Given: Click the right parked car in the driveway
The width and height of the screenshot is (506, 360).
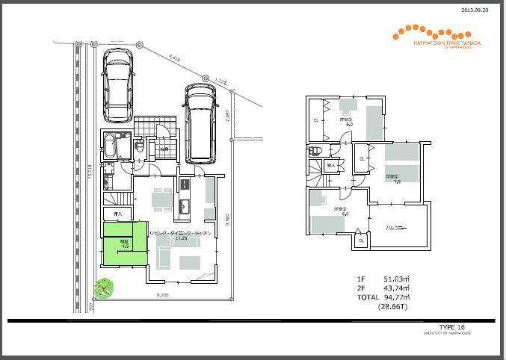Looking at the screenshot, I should point(200,122).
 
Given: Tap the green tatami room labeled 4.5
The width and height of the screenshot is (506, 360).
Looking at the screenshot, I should point(125,242).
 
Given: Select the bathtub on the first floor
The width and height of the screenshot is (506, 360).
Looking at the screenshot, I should point(110,143).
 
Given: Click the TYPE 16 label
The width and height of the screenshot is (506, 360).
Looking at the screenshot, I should point(452,327).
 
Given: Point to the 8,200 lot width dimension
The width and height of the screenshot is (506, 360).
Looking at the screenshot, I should point(162,297).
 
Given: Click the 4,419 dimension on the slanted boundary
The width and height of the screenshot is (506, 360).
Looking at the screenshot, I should point(174,57).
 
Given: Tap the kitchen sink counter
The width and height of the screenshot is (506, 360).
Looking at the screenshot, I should point(185,198).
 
